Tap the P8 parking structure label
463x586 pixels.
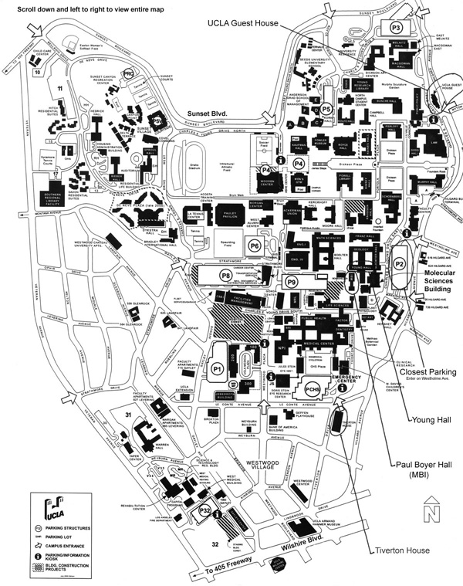(x=226, y=274)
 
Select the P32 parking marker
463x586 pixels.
(x=205, y=512)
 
